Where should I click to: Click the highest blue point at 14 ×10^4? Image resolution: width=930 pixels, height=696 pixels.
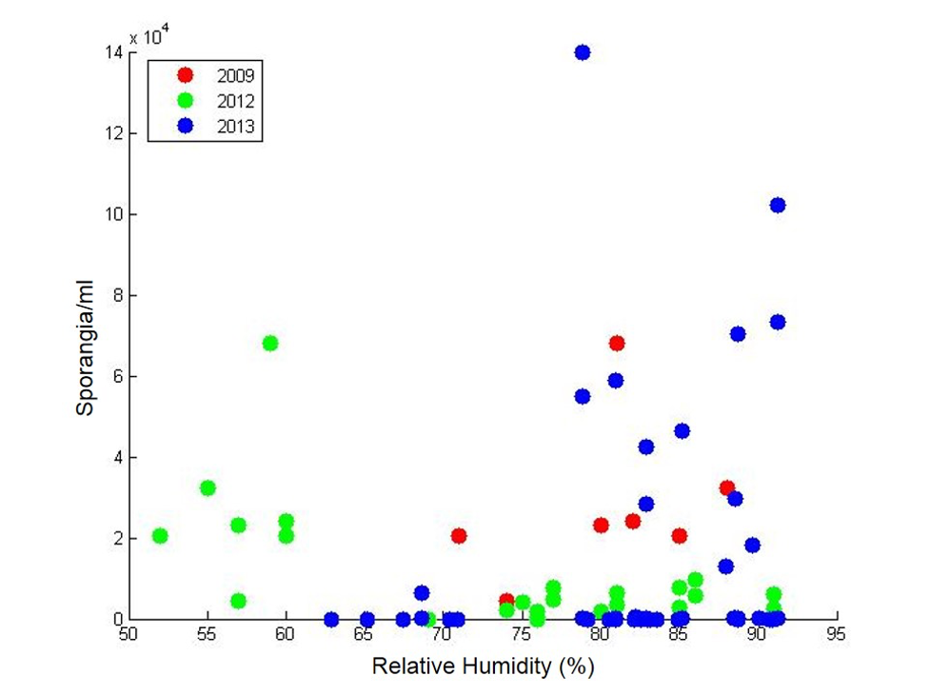[583, 52]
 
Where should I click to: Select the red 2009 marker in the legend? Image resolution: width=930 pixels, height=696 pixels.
[186, 75]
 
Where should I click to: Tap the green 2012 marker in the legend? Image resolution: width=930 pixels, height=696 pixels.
[186, 100]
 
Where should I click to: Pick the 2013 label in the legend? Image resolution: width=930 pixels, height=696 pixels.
[236, 126]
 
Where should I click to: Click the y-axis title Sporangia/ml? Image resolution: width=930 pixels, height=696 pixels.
[87, 351]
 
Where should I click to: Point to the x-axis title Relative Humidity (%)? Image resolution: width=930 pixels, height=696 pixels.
[483, 666]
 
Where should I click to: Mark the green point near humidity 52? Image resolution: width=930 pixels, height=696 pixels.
[160, 535]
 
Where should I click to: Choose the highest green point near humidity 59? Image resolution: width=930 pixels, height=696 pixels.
[270, 343]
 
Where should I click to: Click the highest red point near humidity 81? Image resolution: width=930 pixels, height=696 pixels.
[617, 343]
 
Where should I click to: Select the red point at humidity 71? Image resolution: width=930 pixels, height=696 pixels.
[459, 536]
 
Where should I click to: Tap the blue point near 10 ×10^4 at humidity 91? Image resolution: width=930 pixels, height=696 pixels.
[778, 205]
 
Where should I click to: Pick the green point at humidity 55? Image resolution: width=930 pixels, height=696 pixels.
[208, 487]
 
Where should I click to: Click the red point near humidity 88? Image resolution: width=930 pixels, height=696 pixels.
[727, 487]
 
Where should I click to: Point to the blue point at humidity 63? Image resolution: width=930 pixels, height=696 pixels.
[331, 619]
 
